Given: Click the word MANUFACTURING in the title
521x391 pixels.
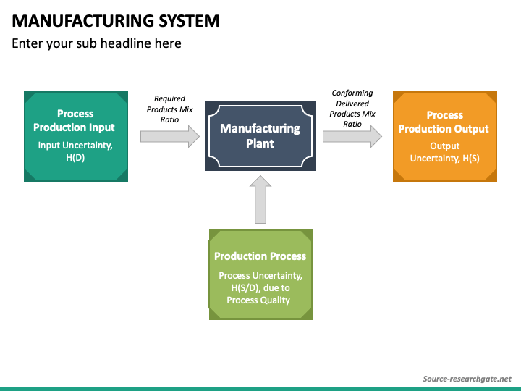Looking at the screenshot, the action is [x=82, y=21].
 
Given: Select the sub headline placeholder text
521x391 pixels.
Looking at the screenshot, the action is [x=96, y=43].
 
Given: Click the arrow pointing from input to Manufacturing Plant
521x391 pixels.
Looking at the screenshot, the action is [x=170, y=136].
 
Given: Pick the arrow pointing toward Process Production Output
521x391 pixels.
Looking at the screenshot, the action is [x=352, y=136].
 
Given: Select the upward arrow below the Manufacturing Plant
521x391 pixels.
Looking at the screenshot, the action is [x=260, y=200].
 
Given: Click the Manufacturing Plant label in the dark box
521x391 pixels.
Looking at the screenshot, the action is [x=260, y=135].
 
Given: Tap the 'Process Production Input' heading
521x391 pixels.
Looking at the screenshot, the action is [x=74, y=120].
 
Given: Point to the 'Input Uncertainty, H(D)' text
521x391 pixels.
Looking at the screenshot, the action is [x=75, y=151].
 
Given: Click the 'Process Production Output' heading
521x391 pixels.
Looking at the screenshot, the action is [x=444, y=122].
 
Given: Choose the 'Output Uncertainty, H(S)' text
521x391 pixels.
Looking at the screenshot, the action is [x=444, y=152].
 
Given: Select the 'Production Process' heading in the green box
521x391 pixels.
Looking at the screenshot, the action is [x=260, y=256].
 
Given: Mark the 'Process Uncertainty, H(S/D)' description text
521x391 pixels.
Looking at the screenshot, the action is [x=260, y=287].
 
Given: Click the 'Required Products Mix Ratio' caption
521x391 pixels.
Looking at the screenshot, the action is [x=169, y=109].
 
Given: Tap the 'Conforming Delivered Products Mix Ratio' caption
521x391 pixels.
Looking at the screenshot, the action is [x=352, y=109].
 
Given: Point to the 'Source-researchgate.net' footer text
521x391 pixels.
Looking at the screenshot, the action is [x=467, y=379].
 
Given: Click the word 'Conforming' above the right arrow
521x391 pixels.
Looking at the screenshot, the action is [x=352, y=93].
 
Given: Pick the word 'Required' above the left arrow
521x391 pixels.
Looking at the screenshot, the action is [x=169, y=98].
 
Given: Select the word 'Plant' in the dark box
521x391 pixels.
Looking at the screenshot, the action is [x=260, y=143].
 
